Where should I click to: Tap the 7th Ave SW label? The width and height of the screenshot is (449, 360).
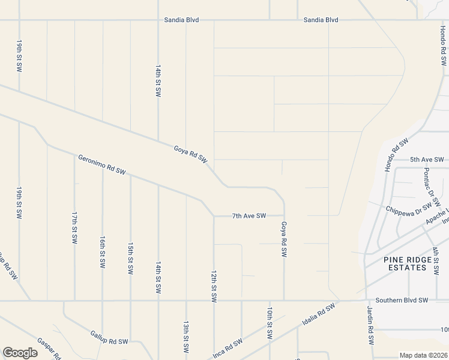coord(249,216)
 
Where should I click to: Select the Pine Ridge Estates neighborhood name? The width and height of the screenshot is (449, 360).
coord(408,263)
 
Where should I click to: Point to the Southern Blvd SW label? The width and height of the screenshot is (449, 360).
coord(402,300)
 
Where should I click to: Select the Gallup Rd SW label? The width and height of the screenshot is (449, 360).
coord(109,337)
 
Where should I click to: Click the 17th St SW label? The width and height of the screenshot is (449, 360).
coord(74,227)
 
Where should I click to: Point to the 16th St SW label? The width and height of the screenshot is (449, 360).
coord(103,251)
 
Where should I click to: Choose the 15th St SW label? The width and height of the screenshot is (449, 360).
coord(130,259)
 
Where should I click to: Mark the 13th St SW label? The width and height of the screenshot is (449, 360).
coord(186,337)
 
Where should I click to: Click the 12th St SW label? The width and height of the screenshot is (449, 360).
coord(214,286)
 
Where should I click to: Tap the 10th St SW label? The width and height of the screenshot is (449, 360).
coord(270,323)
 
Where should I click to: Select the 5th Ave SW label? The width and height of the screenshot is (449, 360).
coord(427,160)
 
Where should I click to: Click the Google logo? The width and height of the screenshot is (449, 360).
coord(20,352)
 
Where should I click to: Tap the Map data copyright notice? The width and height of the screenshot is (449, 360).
coord(423,355)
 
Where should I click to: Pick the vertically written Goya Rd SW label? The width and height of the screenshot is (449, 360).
coord(284,239)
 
